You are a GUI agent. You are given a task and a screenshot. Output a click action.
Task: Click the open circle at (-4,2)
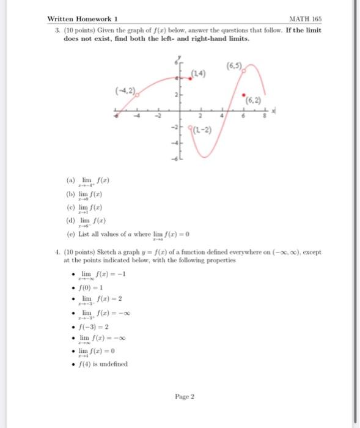[x=139, y=95]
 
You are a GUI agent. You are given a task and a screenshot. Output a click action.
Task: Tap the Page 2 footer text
[x=184, y=396]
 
